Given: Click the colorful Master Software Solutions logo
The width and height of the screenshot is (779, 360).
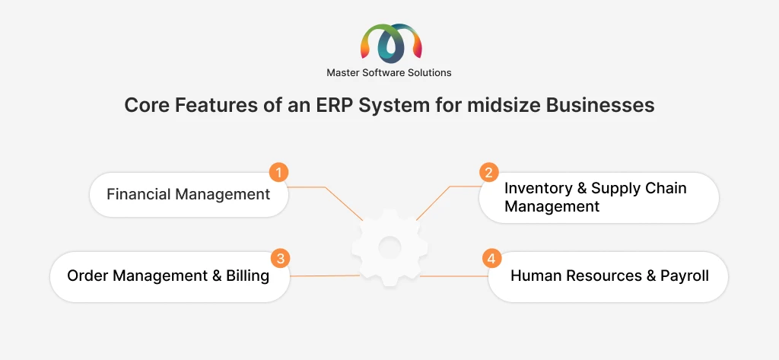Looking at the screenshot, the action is tap(391, 43).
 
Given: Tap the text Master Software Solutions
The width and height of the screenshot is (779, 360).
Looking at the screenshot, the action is tap(389, 72).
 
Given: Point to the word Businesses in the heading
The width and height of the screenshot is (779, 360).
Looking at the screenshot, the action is tap(600, 105).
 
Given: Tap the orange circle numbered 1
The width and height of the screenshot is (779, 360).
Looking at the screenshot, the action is tap(278, 173).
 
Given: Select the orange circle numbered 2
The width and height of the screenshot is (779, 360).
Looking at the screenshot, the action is tap(489, 173).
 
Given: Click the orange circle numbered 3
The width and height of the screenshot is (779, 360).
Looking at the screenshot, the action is tap(280, 259).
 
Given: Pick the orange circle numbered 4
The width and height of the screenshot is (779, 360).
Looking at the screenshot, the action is tap(492, 259).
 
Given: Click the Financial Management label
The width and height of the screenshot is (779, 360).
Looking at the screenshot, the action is tap(189, 194).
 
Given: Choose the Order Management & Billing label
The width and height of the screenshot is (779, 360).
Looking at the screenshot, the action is tap(168, 276).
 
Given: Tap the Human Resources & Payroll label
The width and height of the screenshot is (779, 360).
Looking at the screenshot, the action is tap(609, 276).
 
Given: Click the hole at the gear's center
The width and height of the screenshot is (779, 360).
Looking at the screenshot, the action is tap(389, 247).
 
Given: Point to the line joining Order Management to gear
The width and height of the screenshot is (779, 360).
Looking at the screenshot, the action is tap(324, 276).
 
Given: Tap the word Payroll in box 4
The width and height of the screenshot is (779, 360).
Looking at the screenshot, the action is tap(685, 276).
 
